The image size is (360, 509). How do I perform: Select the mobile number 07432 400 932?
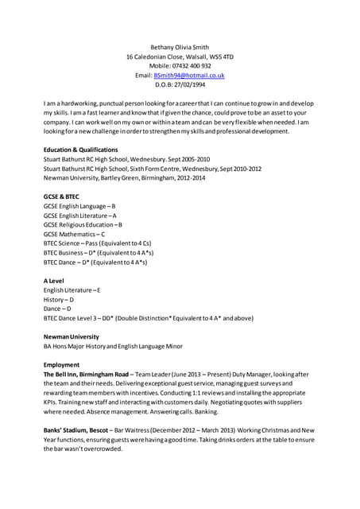(191, 65)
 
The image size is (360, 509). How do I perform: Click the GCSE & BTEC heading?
(62, 196)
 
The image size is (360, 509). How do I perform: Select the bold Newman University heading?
(71, 336)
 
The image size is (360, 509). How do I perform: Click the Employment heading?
(62, 364)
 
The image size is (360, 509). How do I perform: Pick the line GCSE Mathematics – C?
(74, 234)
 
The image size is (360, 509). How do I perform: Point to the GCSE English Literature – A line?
(79, 215)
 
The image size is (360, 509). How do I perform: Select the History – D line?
(58, 299)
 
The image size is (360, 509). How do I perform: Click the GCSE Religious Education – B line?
(83, 224)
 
